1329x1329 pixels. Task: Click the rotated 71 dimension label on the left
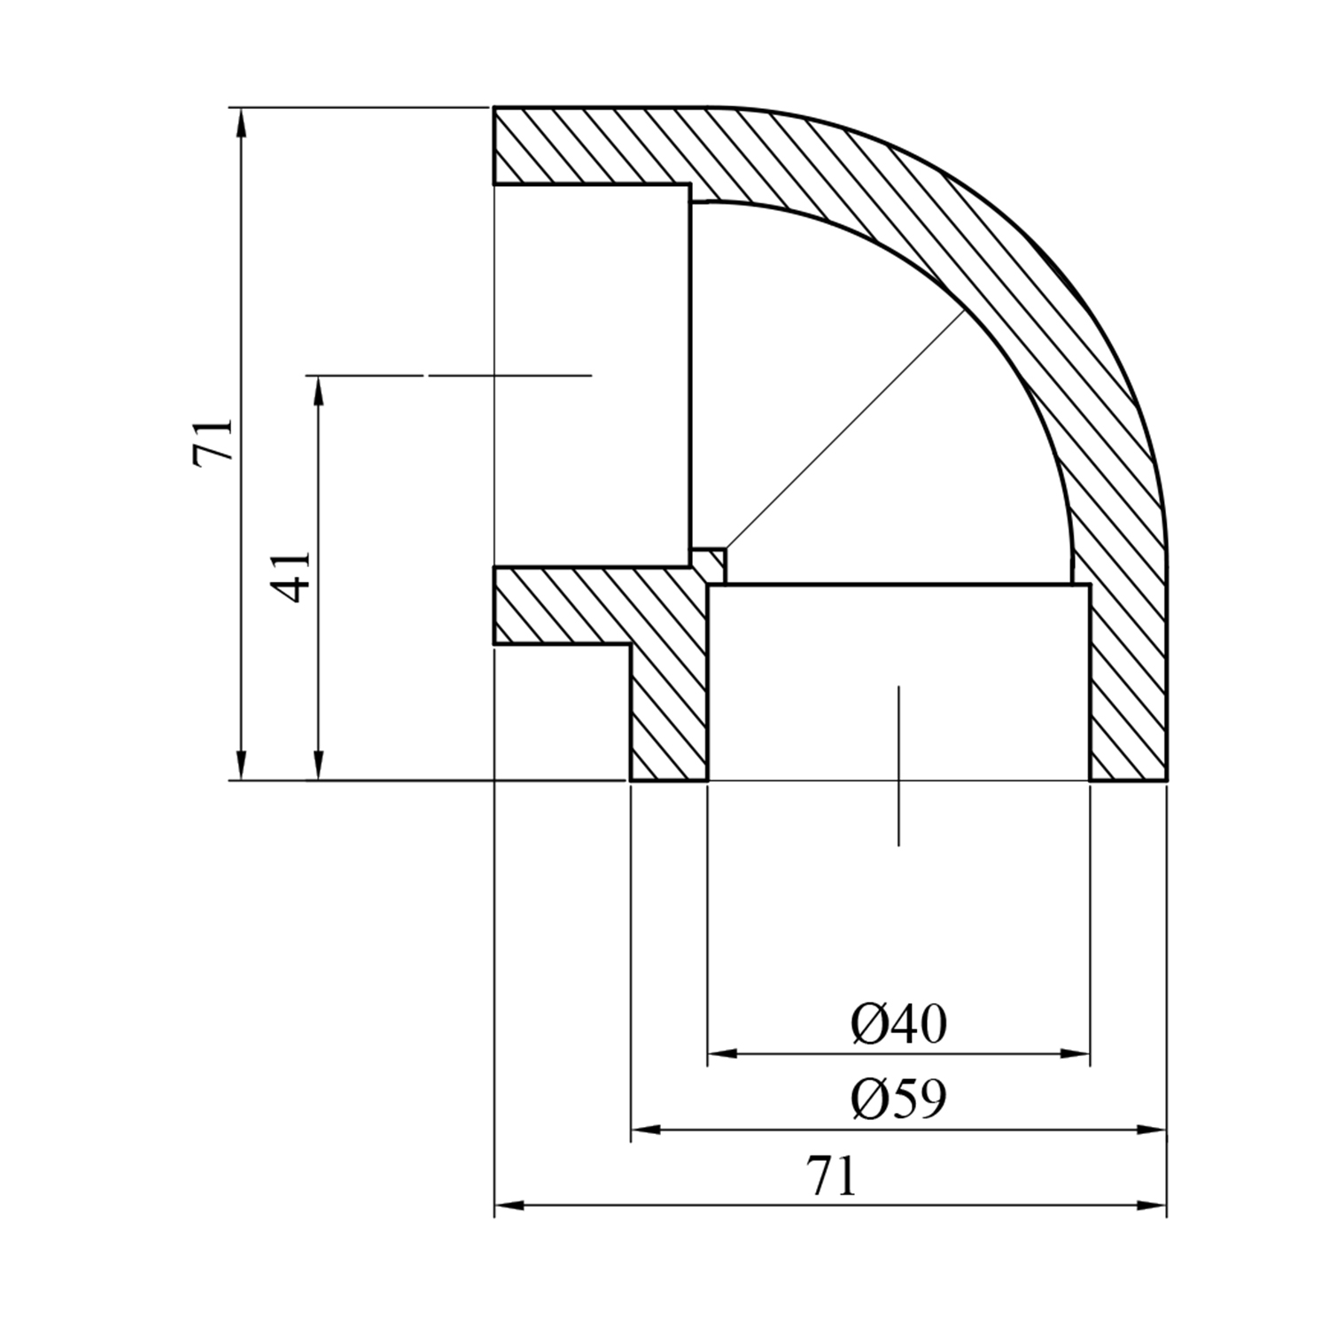pos(214,439)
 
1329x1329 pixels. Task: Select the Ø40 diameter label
pos(899,1024)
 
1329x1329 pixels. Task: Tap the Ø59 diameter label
pos(899,1100)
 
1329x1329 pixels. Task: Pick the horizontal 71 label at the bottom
pos(832,1176)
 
